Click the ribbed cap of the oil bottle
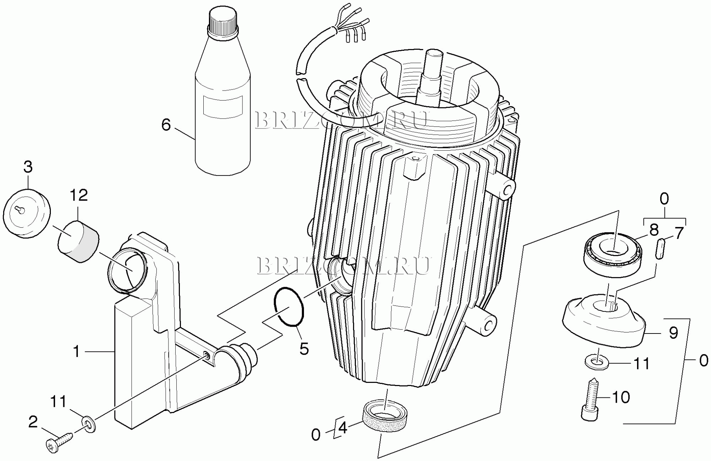[x=223, y=21]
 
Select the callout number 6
[x=166, y=125]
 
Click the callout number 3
[x=28, y=167]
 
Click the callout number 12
[x=79, y=195]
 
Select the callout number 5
[x=304, y=348]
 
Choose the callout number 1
[x=76, y=351]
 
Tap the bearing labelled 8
[x=613, y=254]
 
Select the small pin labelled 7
[x=660, y=249]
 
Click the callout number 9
[x=673, y=333]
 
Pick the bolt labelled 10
[x=591, y=399]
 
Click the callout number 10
[x=621, y=397]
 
